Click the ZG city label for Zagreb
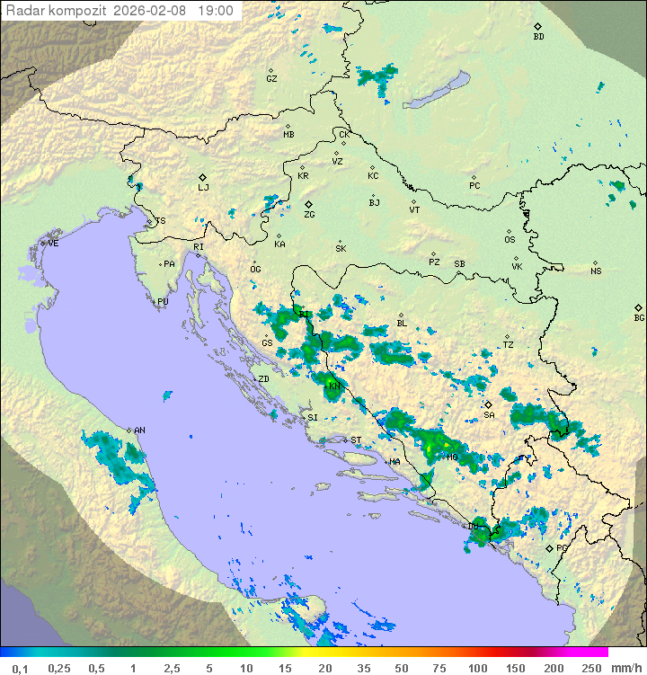[x=309, y=215]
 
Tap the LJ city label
[x=203, y=188]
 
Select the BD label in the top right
[x=538, y=37]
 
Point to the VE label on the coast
[x=53, y=244]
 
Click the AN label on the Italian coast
[x=139, y=431]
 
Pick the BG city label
[x=639, y=317]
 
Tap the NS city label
[x=596, y=271]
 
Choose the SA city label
[x=489, y=415]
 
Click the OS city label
[x=510, y=240]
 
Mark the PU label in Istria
[x=163, y=302]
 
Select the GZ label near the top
[x=271, y=79]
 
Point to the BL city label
[x=402, y=324]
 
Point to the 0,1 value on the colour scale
[x=20, y=668]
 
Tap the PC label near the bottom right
[x=562, y=547]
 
